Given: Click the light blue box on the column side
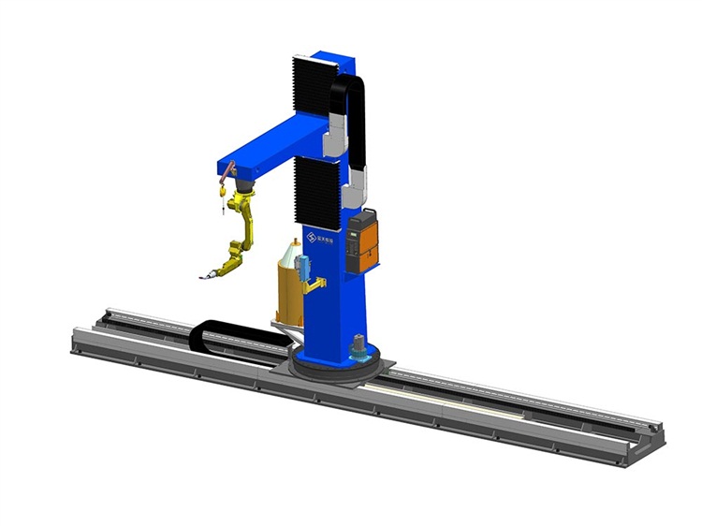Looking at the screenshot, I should click(x=301, y=267).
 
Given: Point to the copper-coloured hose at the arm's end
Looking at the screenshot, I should click(x=228, y=168).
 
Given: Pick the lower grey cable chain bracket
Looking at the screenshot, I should click(x=357, y=193).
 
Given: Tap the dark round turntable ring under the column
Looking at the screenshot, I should click(x=332, y=367).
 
